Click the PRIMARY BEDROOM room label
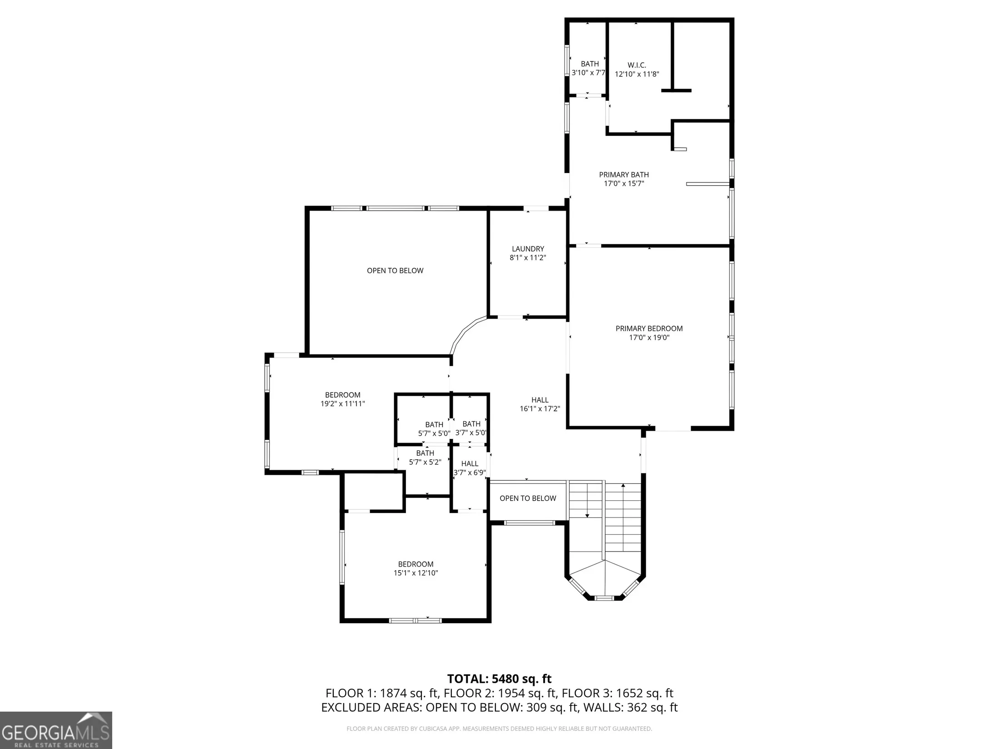coord(649,329)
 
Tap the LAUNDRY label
coord(528,249)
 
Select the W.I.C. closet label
coord(637,65)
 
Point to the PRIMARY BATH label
coord(624,175)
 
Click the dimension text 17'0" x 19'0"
coord(649,338)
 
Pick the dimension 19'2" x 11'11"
coord(343,404)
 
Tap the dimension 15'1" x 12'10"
coord(415,573)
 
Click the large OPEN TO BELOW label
coord(395,271)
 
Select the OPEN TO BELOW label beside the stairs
coord(528,498)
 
